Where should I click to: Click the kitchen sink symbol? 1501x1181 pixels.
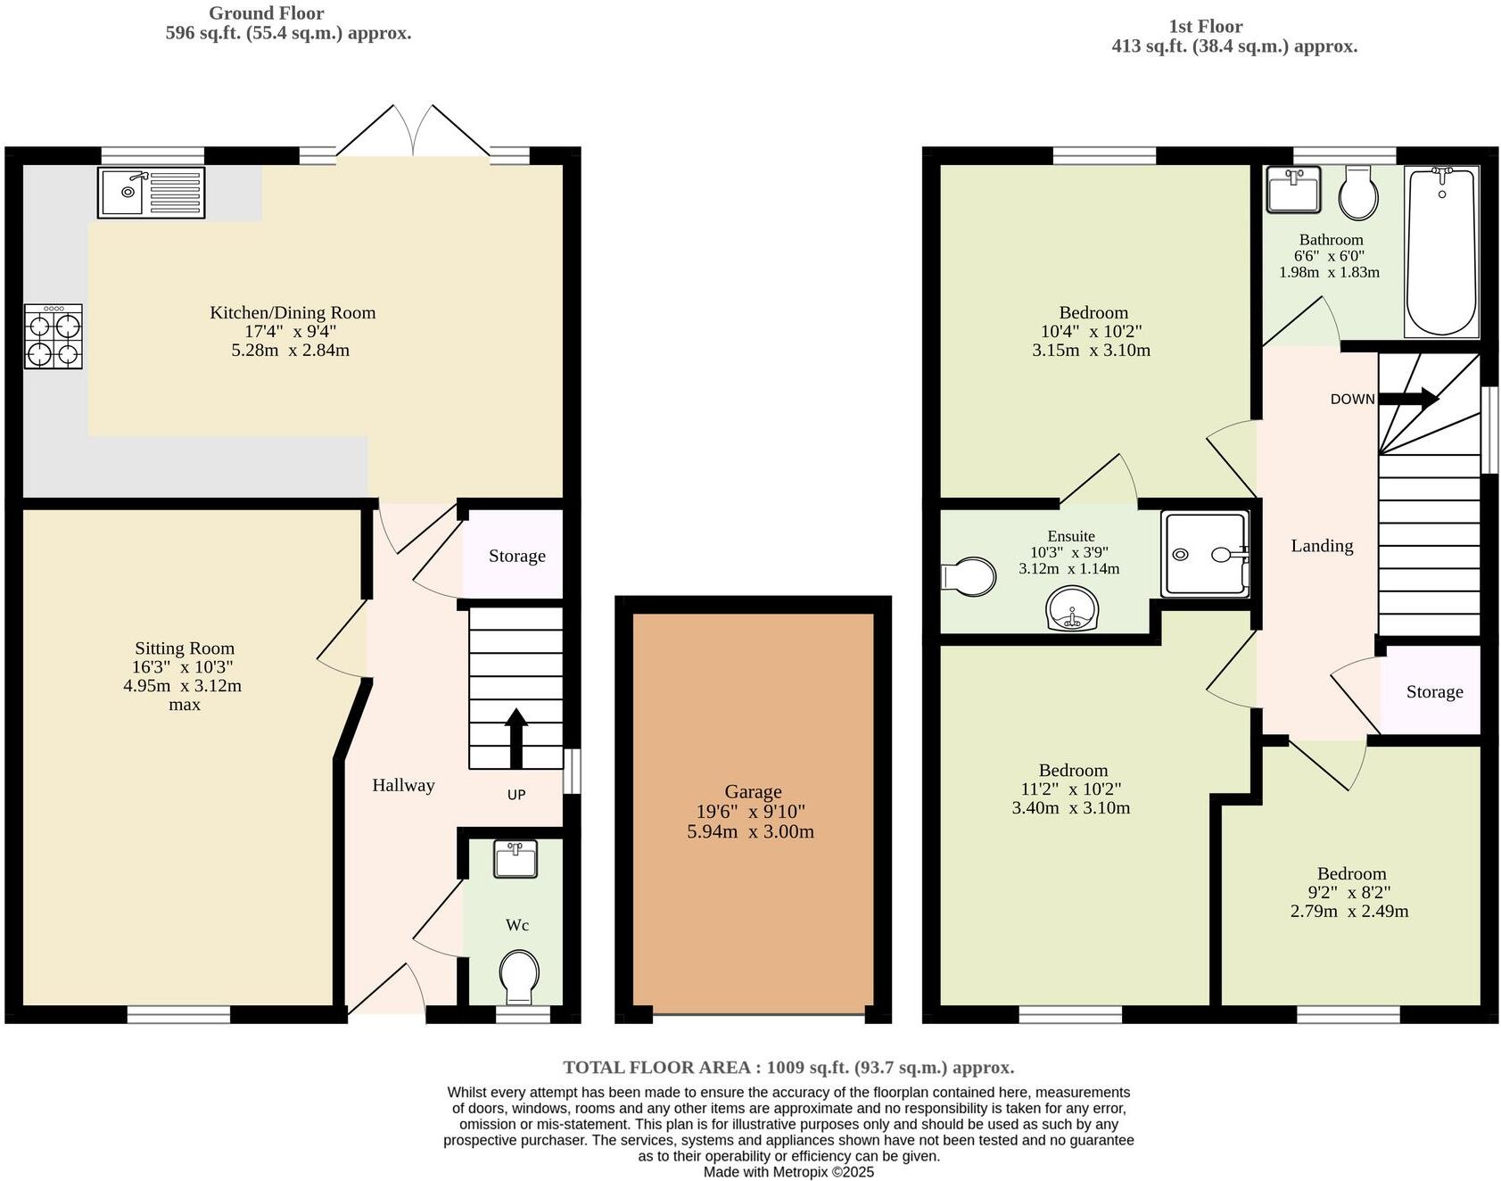[x=151, y=192]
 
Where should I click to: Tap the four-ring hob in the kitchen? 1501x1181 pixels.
[x=54, y=336]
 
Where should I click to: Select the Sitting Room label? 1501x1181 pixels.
[x=185, y=648]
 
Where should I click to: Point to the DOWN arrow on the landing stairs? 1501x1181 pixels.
[x=1409, y=398]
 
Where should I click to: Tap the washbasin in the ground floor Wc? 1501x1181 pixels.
[x=515, y=859]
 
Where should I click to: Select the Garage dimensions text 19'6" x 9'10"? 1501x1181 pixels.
[x=752, y=812]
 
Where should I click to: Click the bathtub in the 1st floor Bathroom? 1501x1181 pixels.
[x=1441, y=252]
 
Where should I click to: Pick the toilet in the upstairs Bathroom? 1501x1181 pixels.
[x=1359, y=193]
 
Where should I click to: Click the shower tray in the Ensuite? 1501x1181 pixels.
[x=1204, y=554]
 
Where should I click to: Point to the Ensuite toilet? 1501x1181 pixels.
[x=969, y=576]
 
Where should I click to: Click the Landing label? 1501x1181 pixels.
[x=1322, y=546]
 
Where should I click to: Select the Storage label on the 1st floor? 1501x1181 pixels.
[x=1434, y=692]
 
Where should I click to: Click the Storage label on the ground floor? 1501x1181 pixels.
[x=516, y=557]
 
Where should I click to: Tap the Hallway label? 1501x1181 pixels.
[x=403, y=786]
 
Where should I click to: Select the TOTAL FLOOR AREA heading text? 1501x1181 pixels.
[x=788, y=1068]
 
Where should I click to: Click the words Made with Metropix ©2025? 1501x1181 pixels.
[x=788, y=1172]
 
